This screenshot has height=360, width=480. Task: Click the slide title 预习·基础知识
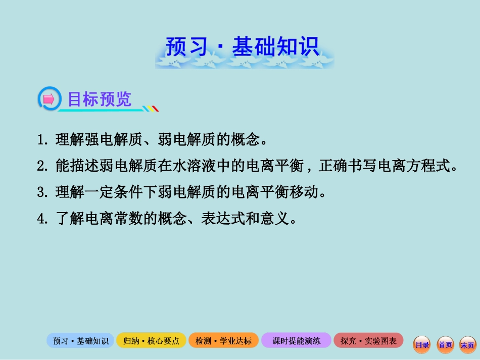[x=243, y=48]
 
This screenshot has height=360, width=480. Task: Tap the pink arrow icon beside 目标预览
[x=49, y=99]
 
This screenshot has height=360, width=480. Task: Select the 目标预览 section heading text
[x=100, y=99]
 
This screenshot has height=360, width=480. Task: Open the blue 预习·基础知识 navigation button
[x=80, y=341]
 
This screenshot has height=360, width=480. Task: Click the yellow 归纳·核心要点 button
[x=151, y=341]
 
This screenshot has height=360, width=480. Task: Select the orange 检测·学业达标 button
[x=223, y=341]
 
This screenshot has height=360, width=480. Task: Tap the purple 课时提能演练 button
[x=296, y=341]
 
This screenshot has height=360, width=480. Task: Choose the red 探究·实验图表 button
[x=368, y=341]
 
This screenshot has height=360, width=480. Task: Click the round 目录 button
[x=422, y=345]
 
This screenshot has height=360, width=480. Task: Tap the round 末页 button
[x=468, y=345]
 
